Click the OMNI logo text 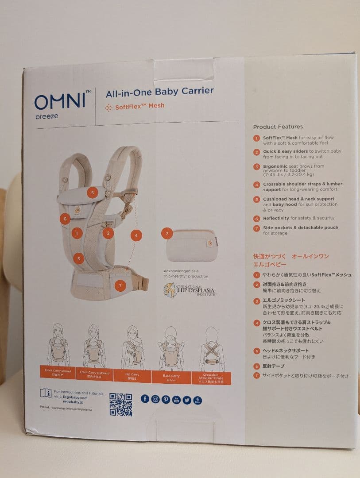(60, 101)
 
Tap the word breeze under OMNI (46, 116)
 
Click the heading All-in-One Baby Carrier (159, 92)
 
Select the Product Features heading (278, 127)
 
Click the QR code (120, 405)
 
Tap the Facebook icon (145, 399)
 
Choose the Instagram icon (155, 399)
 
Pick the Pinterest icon (166, 399)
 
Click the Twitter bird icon (187, 400)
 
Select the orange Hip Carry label (132, 374)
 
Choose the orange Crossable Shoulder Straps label (211, 378)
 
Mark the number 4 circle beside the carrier (136, 235)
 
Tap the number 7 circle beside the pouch (166, 233)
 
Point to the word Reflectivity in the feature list (276, 218)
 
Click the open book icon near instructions (46, 393)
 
